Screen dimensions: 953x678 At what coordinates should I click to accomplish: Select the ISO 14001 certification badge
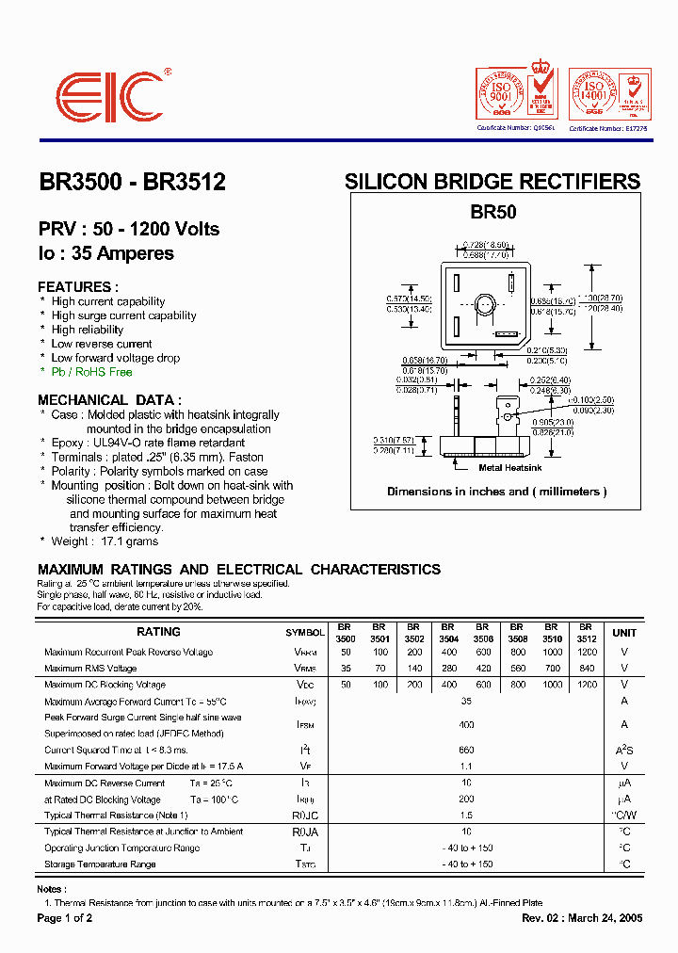tap(595, 95)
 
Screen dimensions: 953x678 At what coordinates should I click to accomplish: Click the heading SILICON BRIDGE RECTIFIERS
tap(492, 182)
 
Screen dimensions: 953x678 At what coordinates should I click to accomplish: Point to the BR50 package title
tap(493, 213)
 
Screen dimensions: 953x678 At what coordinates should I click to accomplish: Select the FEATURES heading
tap(78, 286)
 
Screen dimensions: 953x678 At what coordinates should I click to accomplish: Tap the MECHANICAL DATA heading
tap(109, 399)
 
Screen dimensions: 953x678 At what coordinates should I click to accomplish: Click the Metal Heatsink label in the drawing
tap(511, 467)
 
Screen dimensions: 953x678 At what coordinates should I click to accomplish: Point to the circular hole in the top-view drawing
tap(485, 304)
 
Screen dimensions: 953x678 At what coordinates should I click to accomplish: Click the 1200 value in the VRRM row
tap(587, 653)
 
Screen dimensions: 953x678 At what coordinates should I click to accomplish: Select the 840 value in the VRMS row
tap(587, 669)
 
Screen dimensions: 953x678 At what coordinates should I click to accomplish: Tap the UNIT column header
tap(624, 633)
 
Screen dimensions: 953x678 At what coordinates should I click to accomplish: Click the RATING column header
tap(159, 633)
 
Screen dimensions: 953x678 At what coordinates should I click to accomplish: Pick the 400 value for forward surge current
tap(466, 725)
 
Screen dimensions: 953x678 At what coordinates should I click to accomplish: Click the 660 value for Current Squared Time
tap(466, 750)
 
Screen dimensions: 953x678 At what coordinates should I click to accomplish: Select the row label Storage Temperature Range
tap(100, 864)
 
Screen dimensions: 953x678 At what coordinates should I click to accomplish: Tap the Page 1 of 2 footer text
tap(65, 918)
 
